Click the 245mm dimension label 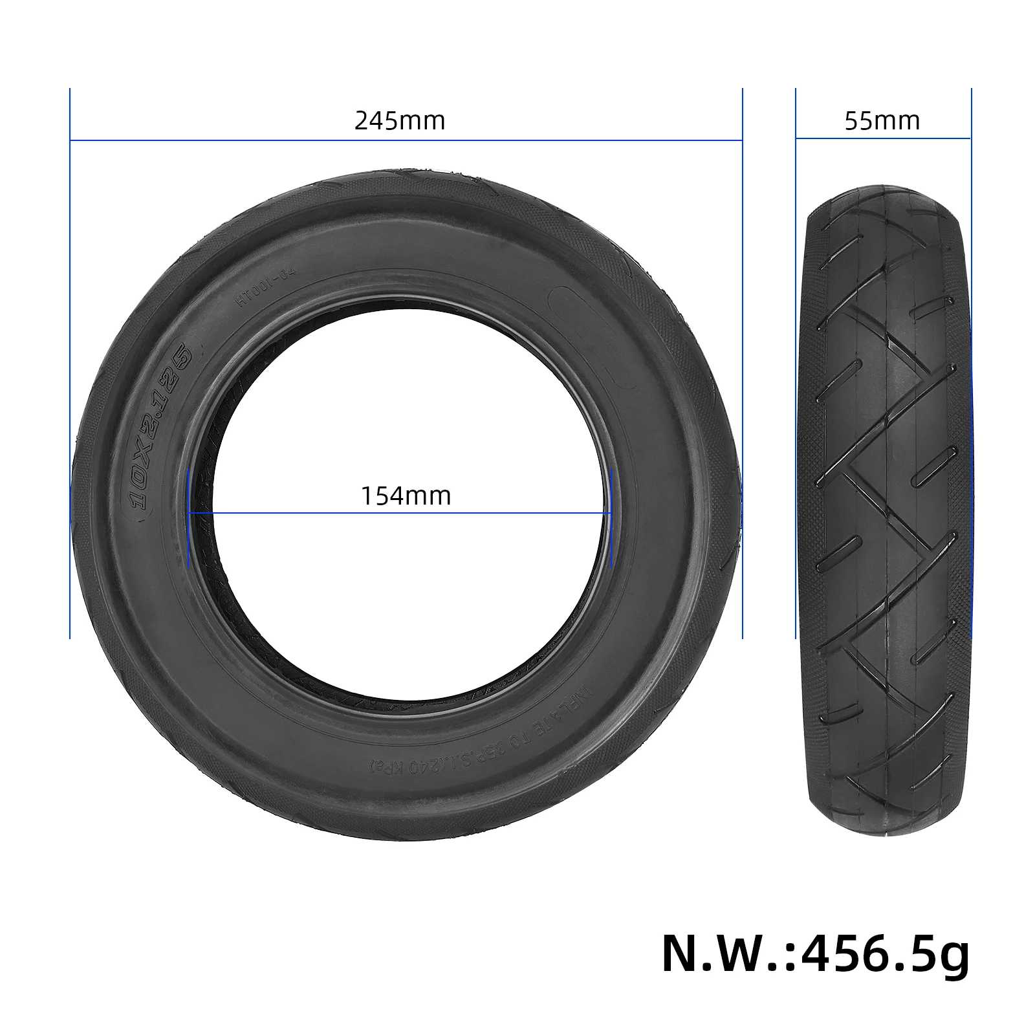click(399, 121)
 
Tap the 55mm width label click(882, 121)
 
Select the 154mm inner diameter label click(406, 496)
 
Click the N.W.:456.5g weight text click(815, 953)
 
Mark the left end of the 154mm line click(188, 514)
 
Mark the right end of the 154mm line click(611, 514)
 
